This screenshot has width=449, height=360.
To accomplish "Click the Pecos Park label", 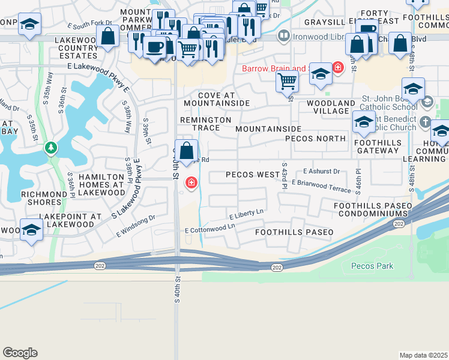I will pyautogui.click(x=372, y=265).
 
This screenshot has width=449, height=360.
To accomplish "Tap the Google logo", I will pyautogui.click(x=20, y=353).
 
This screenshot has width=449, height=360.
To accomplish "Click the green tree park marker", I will pyautogui.click(x=52, y=147).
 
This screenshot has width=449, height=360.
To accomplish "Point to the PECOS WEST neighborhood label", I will pyautogui.click(x=252, y=175).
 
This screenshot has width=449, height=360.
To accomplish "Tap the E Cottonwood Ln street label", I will pyautogui.click(x=209, y=229).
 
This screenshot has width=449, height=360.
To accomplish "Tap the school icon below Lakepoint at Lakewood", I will pyautogui.click(x=31, y=230).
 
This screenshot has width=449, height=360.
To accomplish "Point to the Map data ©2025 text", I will pyautogui.click(x=423, y=355).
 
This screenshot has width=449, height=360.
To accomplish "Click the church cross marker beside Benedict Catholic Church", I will pyautogui.click(x=425, y=122).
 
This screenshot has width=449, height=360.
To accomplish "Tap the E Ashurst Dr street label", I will pyautogui.click(x=321, y=172).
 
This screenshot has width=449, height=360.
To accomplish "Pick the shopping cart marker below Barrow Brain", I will pyautogui.click(x=288, y=81).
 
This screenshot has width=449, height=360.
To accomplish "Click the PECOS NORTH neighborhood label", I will pyautogui.click(x=315, y=138).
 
